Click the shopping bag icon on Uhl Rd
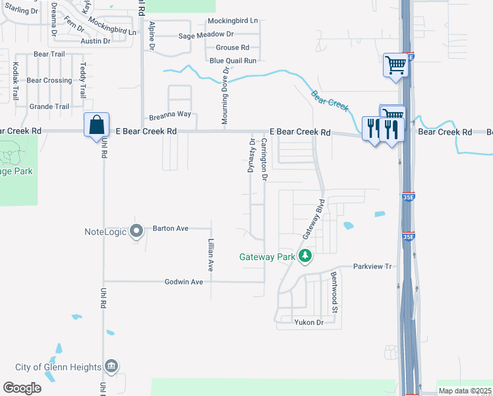(96, 124)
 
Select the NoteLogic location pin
(136, 231)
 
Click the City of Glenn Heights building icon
(111, 366)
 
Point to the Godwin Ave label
(184, 282)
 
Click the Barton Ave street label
(171, 228)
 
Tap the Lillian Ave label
(212, 255)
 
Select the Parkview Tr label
(372, 267)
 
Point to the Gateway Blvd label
(312, 219)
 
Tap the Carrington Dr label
(264, 160)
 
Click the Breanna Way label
(170, 114)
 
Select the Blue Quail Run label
(233, 61)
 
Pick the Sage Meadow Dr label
(206, 34)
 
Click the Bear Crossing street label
(49, 81)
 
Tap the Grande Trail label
(49, 106)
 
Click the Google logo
(22, 388)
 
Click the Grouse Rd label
(233, 48)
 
